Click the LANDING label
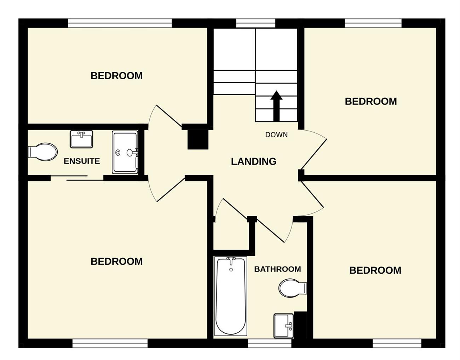[x=254, y=161]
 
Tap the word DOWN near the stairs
[x=276, y=135]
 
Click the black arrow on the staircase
[x=276, y=106]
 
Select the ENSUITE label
[x=82, y=161]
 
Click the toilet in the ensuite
[x=42, y=152]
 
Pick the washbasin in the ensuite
[x=81, y=139]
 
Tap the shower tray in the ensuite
[x=125, y=152]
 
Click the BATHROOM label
[x=277, y=269]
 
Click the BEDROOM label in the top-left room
[x=116, y=76]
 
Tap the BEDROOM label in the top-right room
[x=371, y=102]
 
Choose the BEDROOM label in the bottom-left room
[x=116, y=262]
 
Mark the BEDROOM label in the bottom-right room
[x=375, y=270]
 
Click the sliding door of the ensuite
[x=77, y=178]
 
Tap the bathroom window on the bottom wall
[x=270, y=343]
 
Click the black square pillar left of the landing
[x=198, y=139]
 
